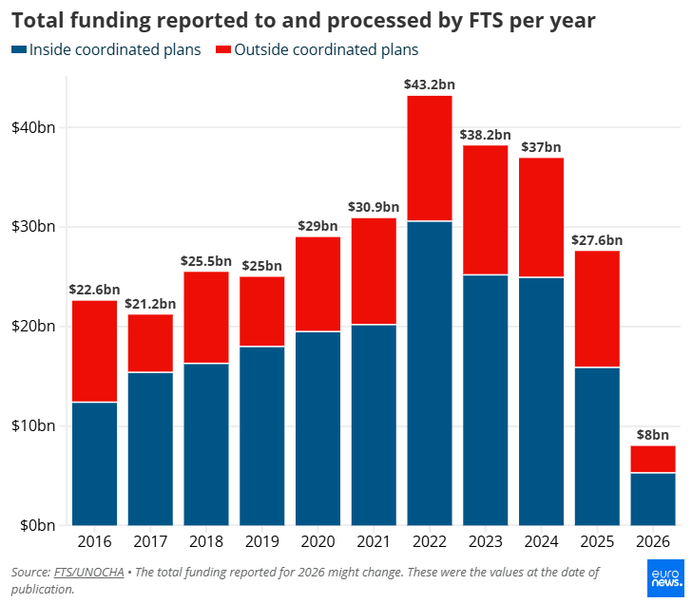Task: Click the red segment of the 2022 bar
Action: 430,159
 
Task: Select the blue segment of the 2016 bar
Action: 94,463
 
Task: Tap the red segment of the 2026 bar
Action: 653,459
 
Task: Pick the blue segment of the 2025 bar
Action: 597,446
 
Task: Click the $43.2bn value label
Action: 429,85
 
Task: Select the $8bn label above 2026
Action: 653,435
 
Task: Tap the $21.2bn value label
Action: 150,304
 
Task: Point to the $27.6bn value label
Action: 597,240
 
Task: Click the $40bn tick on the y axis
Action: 35,127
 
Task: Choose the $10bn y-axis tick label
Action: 35,425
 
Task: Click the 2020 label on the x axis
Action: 317,542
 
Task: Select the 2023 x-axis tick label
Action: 485,542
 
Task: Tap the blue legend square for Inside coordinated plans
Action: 18,49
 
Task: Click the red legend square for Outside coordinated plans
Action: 223,49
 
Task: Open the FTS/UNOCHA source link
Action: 88,572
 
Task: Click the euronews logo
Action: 664,578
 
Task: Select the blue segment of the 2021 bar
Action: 374,424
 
